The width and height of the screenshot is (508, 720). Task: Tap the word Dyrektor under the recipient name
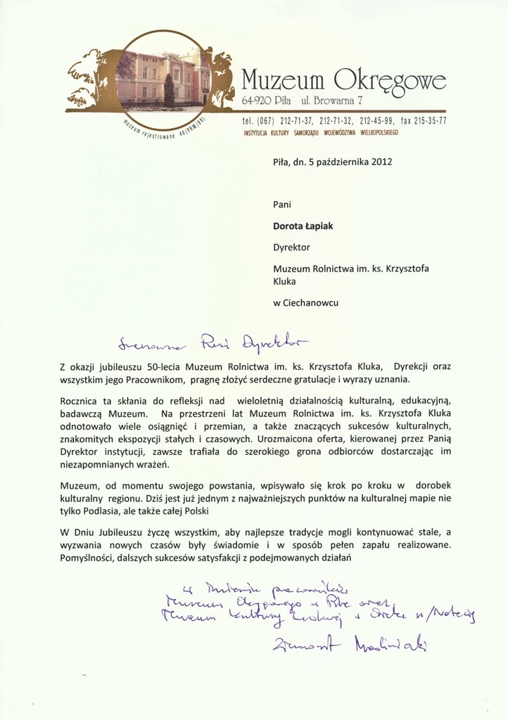pos(292,247)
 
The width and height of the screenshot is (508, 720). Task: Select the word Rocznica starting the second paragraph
pos(83,399)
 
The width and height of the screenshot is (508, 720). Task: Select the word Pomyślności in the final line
pos(90,557)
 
